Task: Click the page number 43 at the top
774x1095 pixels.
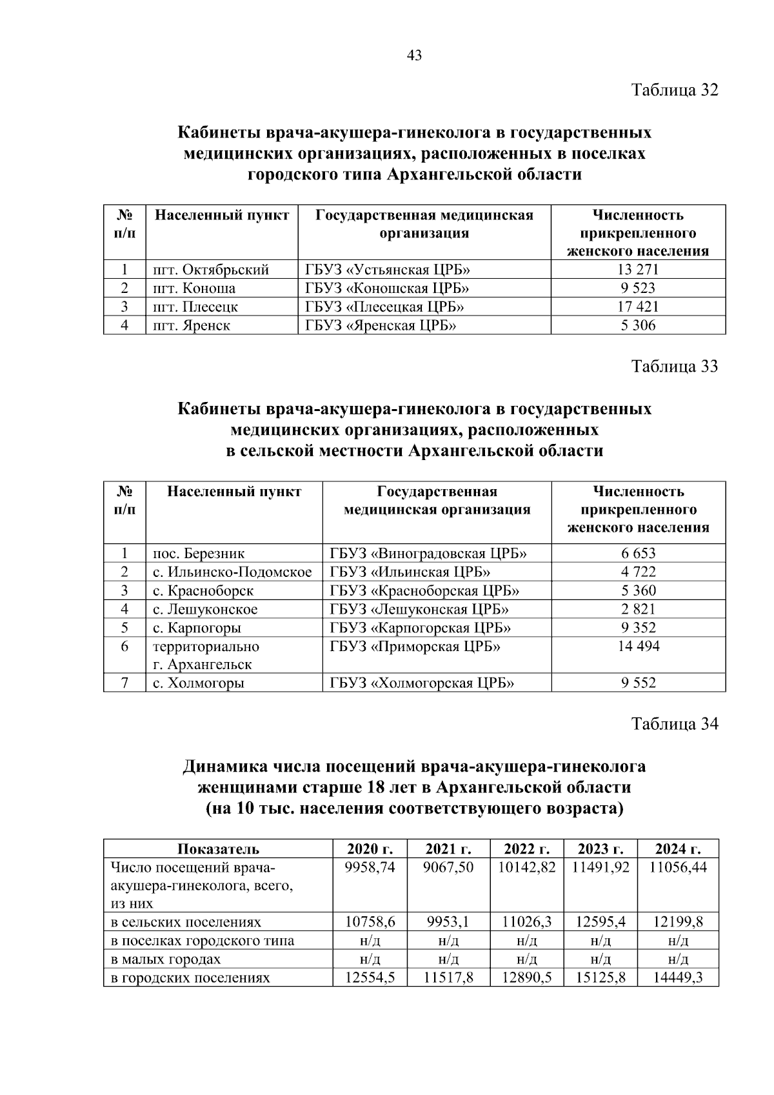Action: (415, 56)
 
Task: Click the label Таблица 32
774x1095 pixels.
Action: (674, 90)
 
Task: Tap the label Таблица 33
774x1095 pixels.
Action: (674, 367)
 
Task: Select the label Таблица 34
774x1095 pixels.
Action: (674, 725)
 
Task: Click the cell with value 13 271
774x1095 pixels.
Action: (638, 270)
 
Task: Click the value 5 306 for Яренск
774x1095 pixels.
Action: (638, 326)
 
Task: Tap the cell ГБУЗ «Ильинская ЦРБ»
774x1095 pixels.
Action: (410, 572)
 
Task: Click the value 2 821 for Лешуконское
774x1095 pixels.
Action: (638, 610)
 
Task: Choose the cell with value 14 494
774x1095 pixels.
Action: (638, 647)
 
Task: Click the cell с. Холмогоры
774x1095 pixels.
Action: (199, 683)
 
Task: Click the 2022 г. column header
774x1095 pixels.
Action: (526, 849)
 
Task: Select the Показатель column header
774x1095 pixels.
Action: (218, 849)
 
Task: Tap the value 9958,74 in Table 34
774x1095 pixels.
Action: (370, 868)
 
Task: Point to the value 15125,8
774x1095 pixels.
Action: (600, 978)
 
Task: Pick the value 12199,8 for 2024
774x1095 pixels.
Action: (677, 923)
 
